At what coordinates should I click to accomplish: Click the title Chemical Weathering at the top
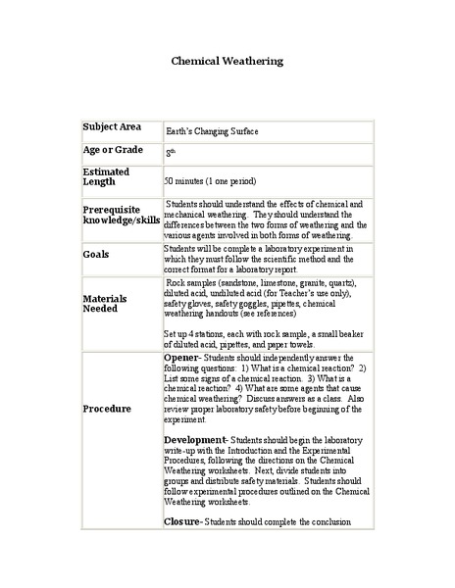(227, 61)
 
